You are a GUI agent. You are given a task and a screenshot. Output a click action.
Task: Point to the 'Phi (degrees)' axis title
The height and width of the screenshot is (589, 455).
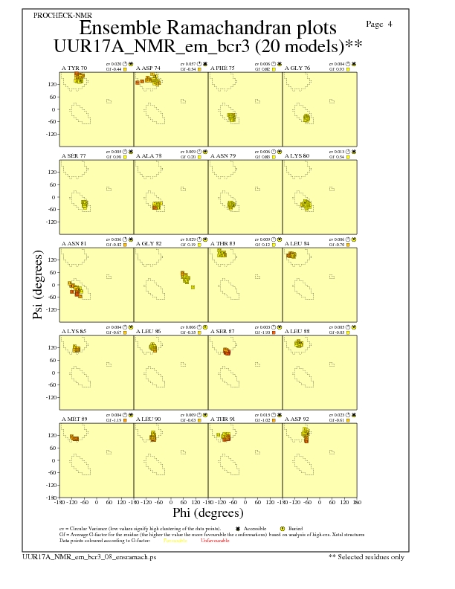[x=207, y=512]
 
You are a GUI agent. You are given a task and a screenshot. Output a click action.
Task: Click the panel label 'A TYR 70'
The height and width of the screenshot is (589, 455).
[x=74, y=68]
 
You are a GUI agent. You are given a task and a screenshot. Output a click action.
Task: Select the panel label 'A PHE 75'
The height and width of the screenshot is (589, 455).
[x=223, y=68]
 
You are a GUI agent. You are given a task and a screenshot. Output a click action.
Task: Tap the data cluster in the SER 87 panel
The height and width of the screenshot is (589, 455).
[x=226, y=351]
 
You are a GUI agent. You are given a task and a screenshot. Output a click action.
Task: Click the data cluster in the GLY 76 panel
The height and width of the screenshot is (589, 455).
[x=307, y=117]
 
